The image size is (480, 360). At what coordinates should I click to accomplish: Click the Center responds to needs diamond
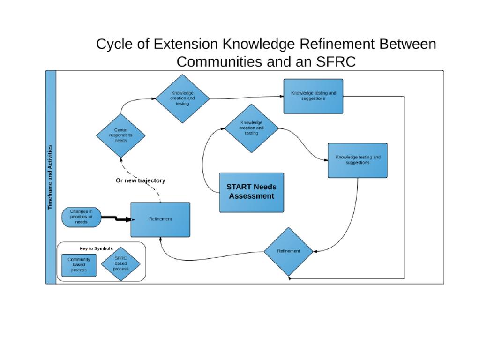pyautogui.click(x=120, y=135)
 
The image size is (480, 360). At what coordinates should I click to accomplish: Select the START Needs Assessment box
pyautogui.click(x=252, y=192)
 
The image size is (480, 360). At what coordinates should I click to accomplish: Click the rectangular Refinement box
pyautogui.click(x=160, y=219)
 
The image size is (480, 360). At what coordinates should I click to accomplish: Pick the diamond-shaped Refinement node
pyautogui.click(x=288, y=251)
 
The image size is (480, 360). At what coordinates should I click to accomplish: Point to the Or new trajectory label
pyautogui.click(x=140, y=180)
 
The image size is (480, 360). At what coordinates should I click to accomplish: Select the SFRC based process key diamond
pyautogui.click(x=120, y=264)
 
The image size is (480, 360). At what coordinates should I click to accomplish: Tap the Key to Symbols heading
pyautogui.click(x=96, y=248)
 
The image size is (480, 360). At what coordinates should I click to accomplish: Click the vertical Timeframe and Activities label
pyautogui.click(x=51, y=177)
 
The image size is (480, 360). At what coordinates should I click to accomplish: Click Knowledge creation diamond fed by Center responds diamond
pyautogui.click(x=182, y=98)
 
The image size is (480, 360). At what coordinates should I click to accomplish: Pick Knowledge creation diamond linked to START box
pyautogui.click(x=251, y=127)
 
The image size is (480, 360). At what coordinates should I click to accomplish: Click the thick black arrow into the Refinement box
pyautogui.click(x=116, y=218)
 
